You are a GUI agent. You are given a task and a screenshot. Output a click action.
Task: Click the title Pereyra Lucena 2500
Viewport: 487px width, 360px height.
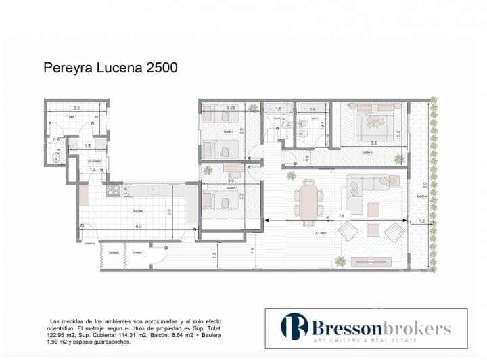point(110,68)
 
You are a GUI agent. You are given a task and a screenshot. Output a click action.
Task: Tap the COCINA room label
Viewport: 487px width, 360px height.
point(137,210)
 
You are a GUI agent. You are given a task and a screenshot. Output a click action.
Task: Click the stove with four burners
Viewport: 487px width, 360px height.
point(112,191)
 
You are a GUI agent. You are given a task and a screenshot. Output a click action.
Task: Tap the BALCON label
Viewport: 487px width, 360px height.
point(420,197)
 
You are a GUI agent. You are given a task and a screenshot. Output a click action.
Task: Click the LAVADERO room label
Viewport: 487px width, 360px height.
point(95,161)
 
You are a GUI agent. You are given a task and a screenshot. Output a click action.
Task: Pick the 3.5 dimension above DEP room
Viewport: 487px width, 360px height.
point(77,108)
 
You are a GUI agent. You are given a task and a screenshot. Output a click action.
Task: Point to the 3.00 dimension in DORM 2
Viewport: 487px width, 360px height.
point(230,108)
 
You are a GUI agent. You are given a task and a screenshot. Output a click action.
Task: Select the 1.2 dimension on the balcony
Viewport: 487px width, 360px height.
point(423,221)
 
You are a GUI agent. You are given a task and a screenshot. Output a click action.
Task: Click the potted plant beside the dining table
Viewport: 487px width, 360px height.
point(291,176)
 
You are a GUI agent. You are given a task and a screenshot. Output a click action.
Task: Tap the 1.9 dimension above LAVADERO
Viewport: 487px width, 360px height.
point(87,146)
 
